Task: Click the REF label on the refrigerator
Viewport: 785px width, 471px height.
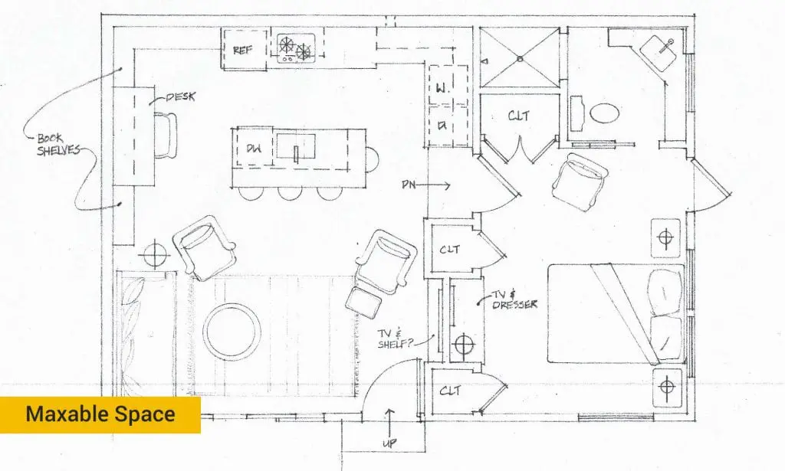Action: tap(243, 51)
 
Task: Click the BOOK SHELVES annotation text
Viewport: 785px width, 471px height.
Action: tap(58, 145)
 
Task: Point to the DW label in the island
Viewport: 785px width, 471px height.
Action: tap(255, 149)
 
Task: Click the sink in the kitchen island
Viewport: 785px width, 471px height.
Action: tap(297, 146)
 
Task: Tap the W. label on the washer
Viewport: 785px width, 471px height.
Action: tap(442, 90)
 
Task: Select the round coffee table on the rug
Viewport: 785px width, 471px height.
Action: tap(231, 332)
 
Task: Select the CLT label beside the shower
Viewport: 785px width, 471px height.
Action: tap(519, 116)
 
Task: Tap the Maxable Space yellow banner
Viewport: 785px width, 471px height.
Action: tap(100, 415)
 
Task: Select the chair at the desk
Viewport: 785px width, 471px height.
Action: tap(166, 135)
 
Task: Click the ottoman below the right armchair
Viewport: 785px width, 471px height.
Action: tap(364, 302)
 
